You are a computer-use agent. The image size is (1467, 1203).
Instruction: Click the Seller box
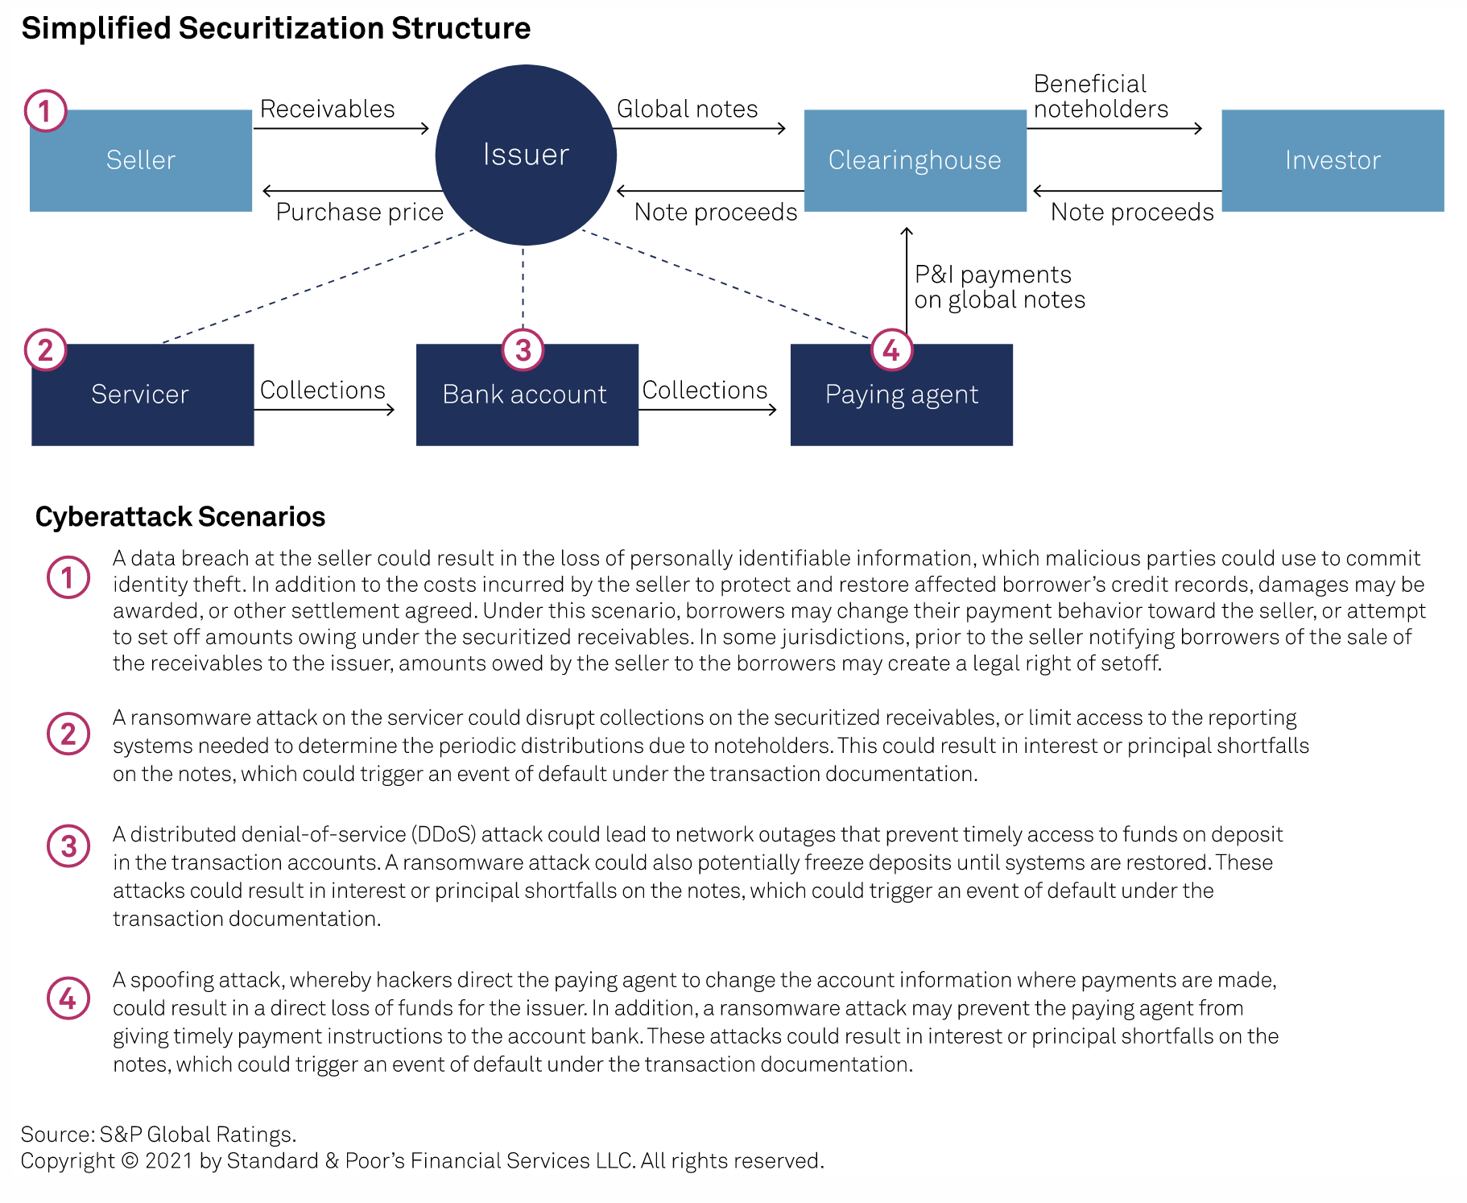[140, 160]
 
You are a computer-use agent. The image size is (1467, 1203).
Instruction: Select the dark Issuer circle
[526, 155]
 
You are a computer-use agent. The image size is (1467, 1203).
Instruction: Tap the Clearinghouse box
[915, 160]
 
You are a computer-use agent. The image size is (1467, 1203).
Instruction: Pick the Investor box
[1332, 160]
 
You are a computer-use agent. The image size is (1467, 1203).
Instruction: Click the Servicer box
[142, 395]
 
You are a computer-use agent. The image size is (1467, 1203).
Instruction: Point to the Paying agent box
[901, 395]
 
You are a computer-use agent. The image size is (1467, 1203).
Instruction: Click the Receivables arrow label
[327, 109]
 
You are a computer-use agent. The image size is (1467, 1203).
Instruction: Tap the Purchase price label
[359, 212]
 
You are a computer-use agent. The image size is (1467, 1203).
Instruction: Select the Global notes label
[687, 109]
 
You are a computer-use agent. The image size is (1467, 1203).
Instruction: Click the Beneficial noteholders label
[1100, 97]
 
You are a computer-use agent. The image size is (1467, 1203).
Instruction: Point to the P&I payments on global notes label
[999, 287]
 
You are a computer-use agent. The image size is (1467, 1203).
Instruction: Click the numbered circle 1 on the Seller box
[45, 110]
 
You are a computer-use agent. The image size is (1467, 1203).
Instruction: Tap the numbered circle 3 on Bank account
[523, 349]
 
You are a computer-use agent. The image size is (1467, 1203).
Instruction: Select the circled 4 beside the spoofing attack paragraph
[68, 998]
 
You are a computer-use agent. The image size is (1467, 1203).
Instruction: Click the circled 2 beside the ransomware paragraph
[68, 734]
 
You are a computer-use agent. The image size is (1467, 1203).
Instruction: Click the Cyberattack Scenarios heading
[180, 516]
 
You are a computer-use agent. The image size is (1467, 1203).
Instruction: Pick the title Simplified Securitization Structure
[275, 28]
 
